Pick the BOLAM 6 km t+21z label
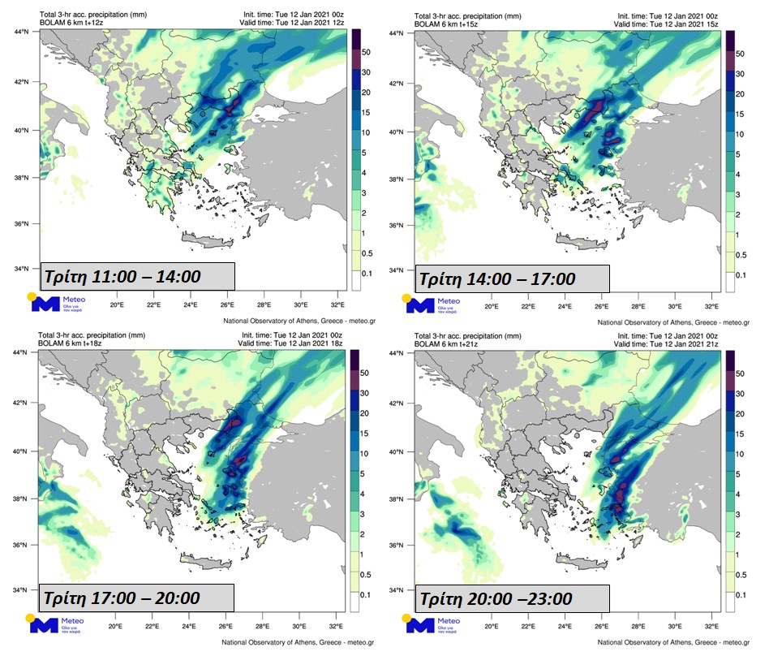tap(445, 345)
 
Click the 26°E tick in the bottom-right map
tap(601, 626)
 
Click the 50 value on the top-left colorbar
tap(365, 53)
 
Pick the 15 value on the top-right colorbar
tap(739, 114)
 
